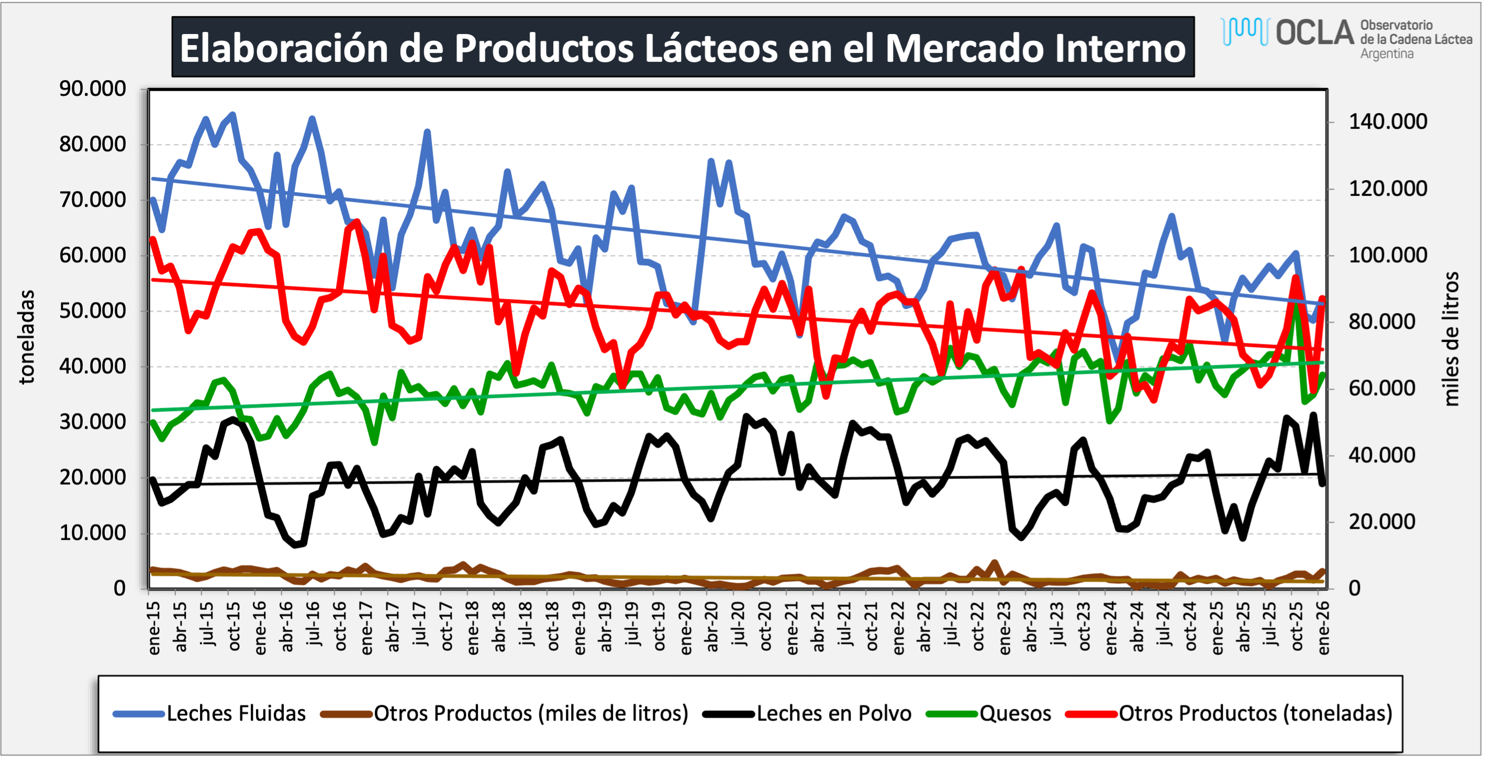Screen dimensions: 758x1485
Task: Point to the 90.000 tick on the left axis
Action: coord(92,89)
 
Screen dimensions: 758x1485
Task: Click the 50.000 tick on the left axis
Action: coord(92,311)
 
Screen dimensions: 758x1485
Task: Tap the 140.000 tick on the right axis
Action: coord(1388,121)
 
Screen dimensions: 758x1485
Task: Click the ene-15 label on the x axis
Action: coord(154,628)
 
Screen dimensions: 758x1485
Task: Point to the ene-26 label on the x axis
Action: coord(1324,628)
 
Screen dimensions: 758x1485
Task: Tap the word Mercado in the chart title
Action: coord(964,48)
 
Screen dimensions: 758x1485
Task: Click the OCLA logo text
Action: coord(1314,33)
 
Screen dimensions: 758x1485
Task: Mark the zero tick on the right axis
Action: coord(1354,588)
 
